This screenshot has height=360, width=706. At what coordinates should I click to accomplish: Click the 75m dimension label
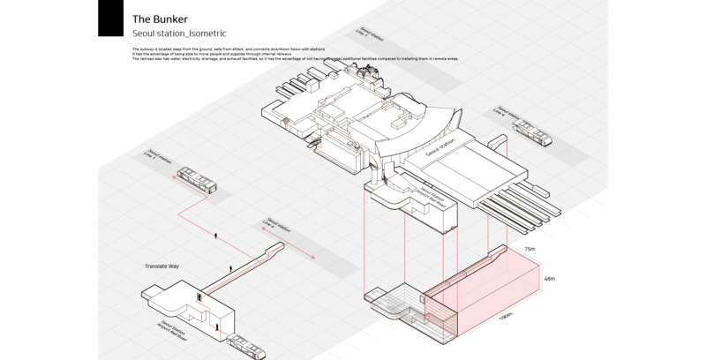(529, 250)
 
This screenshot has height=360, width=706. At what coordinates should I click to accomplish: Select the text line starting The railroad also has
(291, 58)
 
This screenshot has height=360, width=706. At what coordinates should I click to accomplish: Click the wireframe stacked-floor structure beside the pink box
(394, 304)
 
